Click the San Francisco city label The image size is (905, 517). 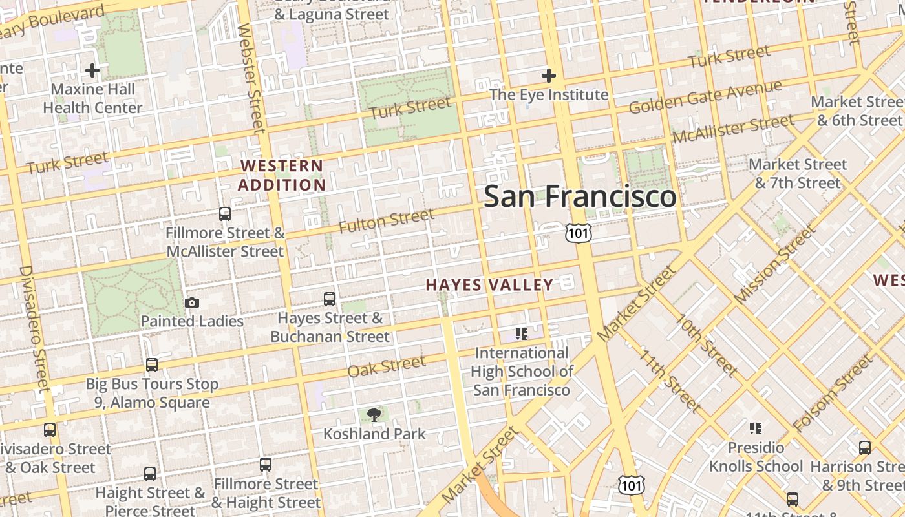(580, 196)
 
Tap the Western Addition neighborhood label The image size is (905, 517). (281, 175)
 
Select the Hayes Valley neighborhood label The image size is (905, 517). (489, 284)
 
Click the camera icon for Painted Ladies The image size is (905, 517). (192, 302)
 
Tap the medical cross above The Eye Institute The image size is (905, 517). (549, 76)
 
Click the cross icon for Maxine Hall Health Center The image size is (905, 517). (92, 70)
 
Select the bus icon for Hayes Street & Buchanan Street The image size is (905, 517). (330, 299)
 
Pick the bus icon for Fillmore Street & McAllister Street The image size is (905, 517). (225, 214)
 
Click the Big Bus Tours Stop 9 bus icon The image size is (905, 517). (152, 365)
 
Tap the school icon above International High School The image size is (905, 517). (522, 334)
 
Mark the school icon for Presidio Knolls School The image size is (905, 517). (756, 428)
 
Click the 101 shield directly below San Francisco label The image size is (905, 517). (578, 233)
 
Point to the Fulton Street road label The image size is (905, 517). (387, 221)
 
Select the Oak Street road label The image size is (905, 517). (387, 367)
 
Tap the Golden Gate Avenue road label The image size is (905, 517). (705, 97)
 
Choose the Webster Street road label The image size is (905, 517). (251, 78)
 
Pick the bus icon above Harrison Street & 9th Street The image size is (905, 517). (865, 447)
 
